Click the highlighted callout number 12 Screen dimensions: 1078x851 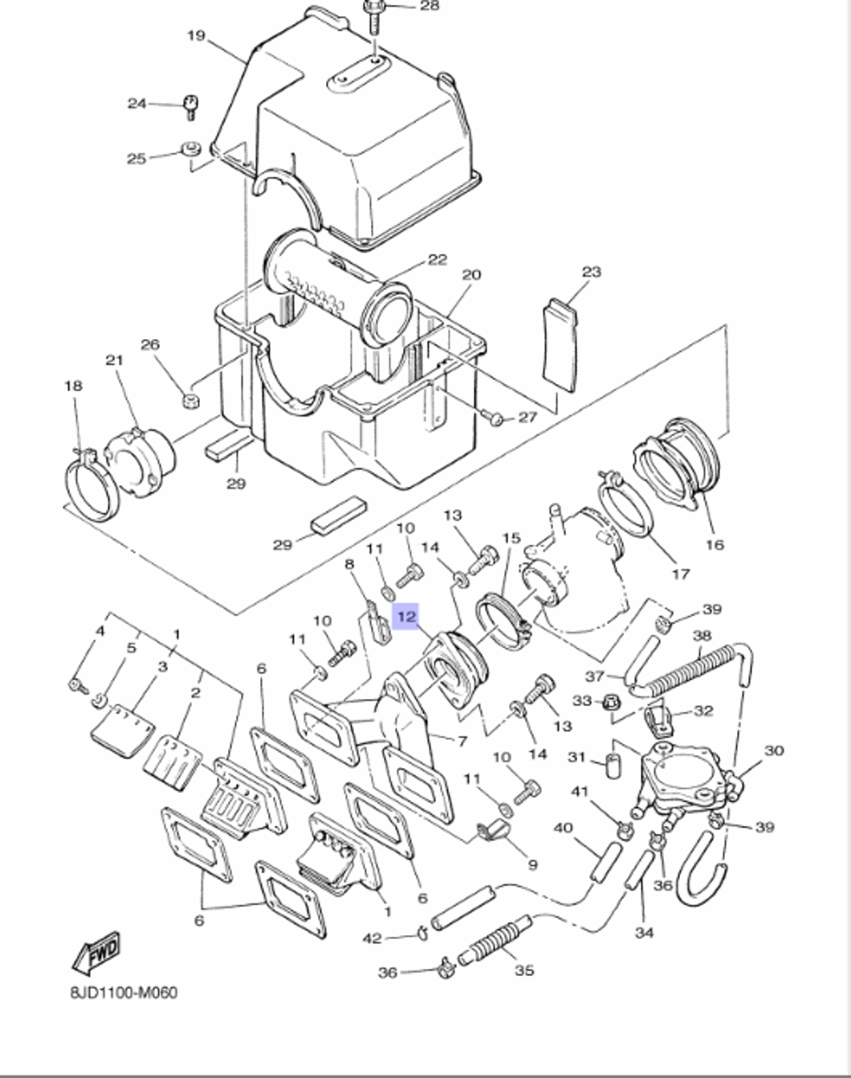tap(407, 616)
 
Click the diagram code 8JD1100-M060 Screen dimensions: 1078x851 tap(123, 993)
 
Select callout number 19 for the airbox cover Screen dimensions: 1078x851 tap(196, 36)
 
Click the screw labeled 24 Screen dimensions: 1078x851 tap(190, 107)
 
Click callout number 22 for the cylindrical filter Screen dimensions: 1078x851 tap(437, 260)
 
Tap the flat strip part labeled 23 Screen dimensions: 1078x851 tap(559, 345)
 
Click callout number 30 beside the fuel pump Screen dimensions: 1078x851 tap(773, 751)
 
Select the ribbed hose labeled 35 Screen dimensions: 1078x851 tap(498, 942)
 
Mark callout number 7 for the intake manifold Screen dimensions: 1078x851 tap(461, 742)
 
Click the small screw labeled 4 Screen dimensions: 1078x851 tap(77, 684)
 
